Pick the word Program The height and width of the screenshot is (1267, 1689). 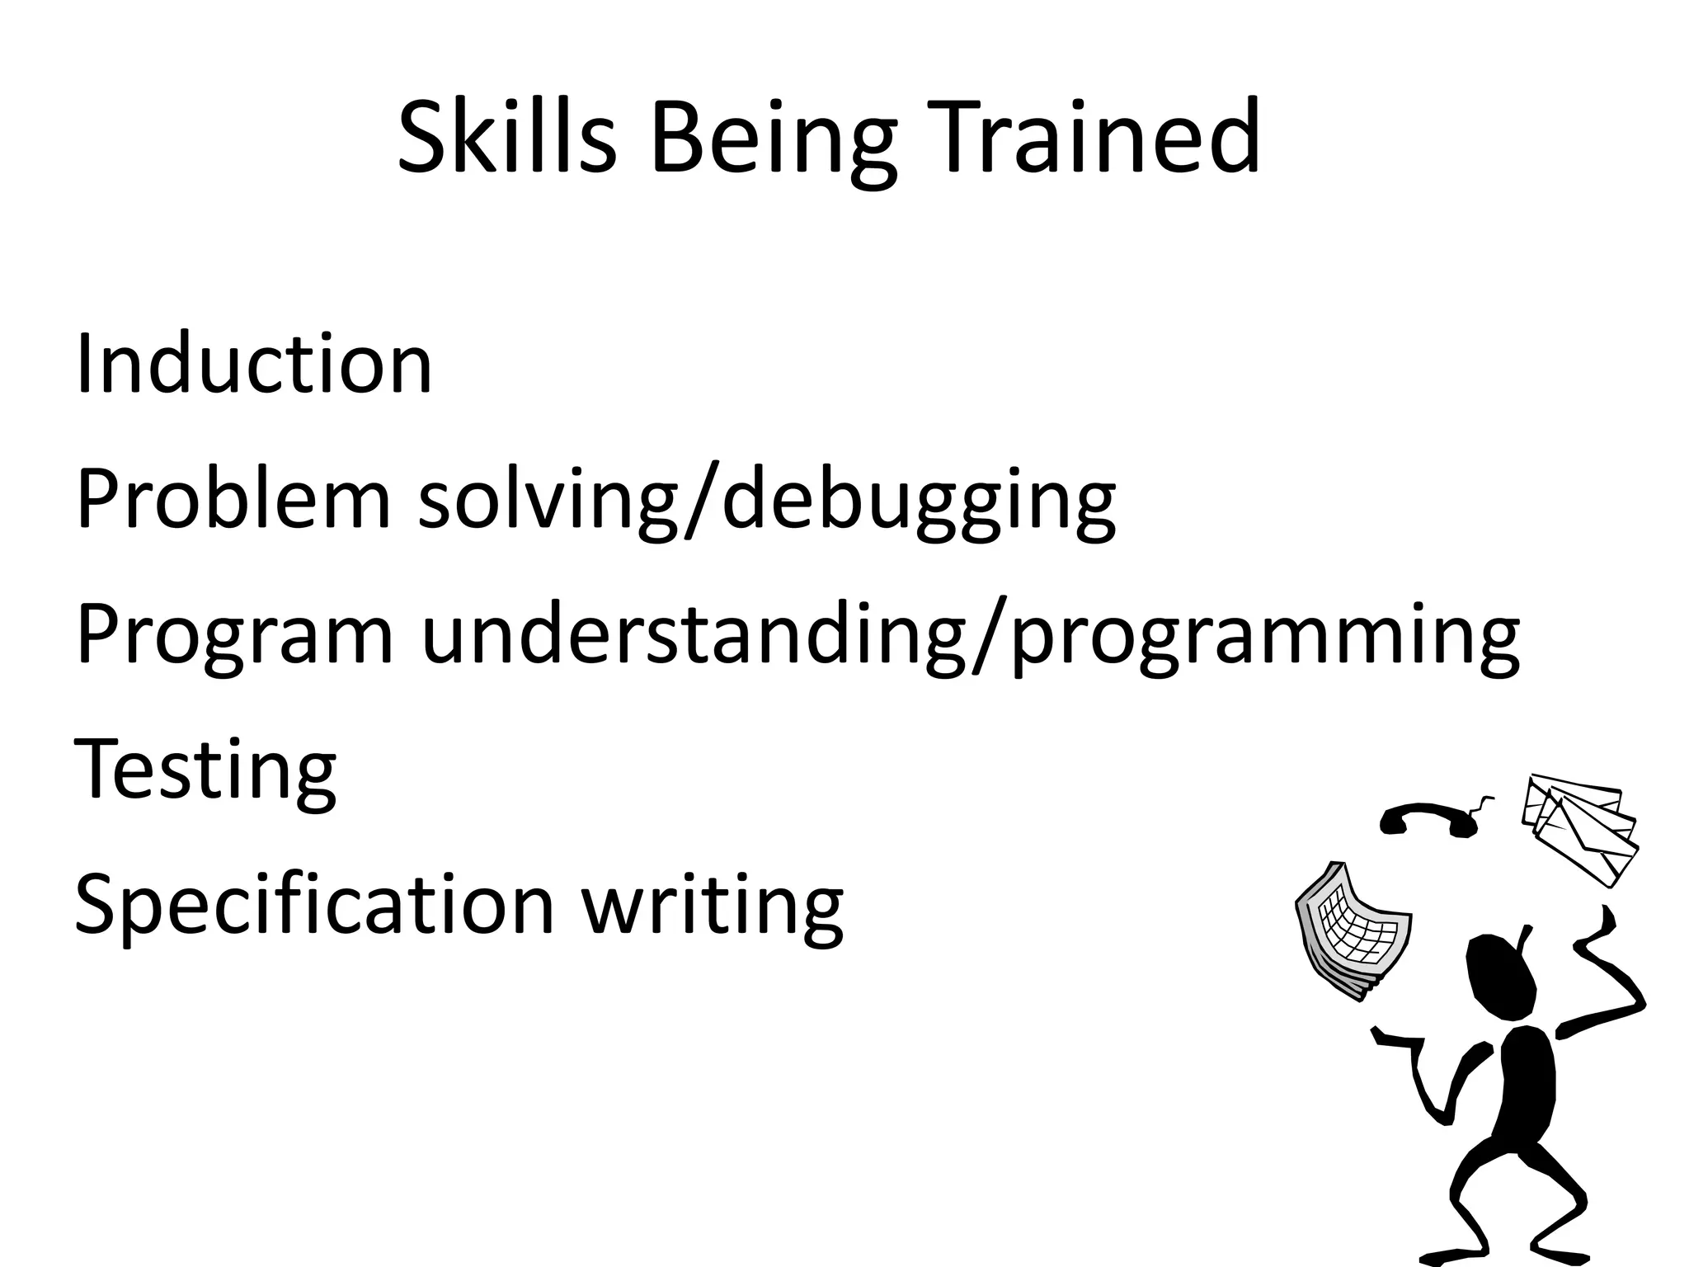click(x=235, y=637)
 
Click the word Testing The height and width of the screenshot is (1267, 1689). click(x=205, y=771)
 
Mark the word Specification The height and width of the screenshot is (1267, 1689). click(x=314, y=906)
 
